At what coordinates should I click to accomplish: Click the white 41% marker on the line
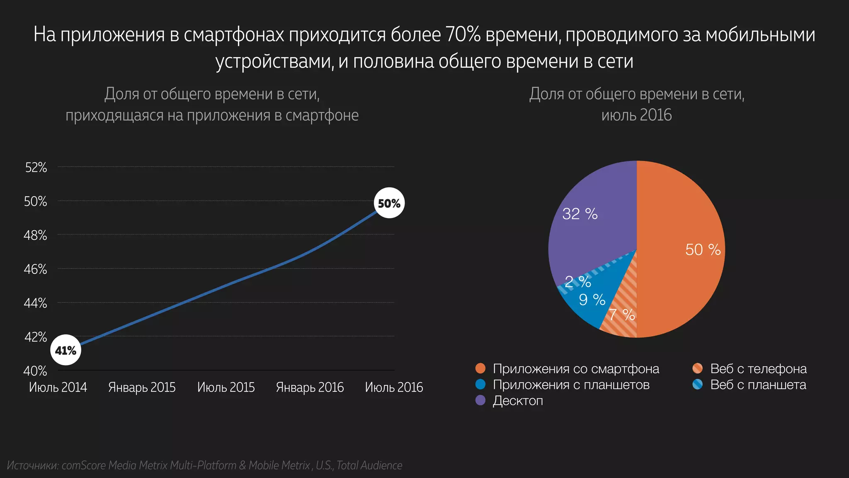click(x=65, y=350)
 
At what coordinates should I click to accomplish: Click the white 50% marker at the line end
click(x=389, y=203)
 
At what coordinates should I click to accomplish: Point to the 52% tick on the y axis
click(x=36, y=168)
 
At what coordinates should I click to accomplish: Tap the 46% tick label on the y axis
click(x=35, y=269)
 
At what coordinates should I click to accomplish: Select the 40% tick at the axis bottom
click(x=35, y=371)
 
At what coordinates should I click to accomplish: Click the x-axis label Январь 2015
click(x=142, y=387)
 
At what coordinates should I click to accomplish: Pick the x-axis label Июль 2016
click(x=394, y=387)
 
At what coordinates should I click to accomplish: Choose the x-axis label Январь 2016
click(x=310, y=387)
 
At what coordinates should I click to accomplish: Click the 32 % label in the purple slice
click(x=580, y=214)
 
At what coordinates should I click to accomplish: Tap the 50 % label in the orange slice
click(x=703, y=249)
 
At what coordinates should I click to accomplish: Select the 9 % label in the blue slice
click(x=592, y=300)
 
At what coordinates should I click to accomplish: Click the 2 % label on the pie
click(x=577, y=282)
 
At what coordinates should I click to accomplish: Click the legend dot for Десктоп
click(x=480, y=400)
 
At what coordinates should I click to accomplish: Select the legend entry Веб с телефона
click(x=758, y=368)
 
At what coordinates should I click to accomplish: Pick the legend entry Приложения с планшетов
click(x=571, y=385)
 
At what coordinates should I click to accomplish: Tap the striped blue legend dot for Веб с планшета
click(x=697, y=385)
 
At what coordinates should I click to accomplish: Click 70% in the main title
click(x=463, y=34)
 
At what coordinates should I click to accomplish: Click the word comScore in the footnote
click(x=84, y=466)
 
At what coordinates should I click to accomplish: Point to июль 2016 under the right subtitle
click(x=636, y=115)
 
